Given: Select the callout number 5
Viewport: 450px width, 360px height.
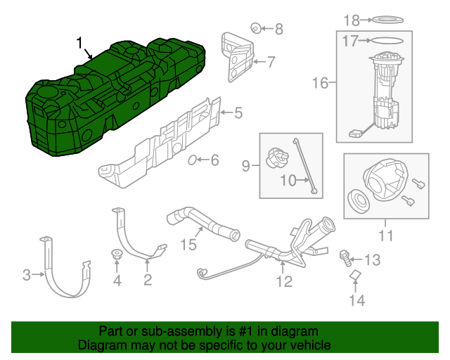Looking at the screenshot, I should tap(238, 111).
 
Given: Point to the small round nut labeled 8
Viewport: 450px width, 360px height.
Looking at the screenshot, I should tap(257, 28).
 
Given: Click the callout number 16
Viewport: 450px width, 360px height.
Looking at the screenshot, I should tap(320, 84).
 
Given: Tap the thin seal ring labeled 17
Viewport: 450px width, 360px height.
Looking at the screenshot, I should tap(385, 41).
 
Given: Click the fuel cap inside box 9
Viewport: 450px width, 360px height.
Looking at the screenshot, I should tap(276, 155).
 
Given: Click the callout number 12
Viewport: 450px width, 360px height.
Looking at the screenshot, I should tap(283, 282).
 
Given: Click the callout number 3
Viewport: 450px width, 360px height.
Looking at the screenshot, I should tap(27, 276).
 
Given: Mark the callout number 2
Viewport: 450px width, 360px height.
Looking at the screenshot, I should tap(148, 281).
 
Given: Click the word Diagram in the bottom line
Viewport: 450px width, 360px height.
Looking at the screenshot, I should tap(100, 346).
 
